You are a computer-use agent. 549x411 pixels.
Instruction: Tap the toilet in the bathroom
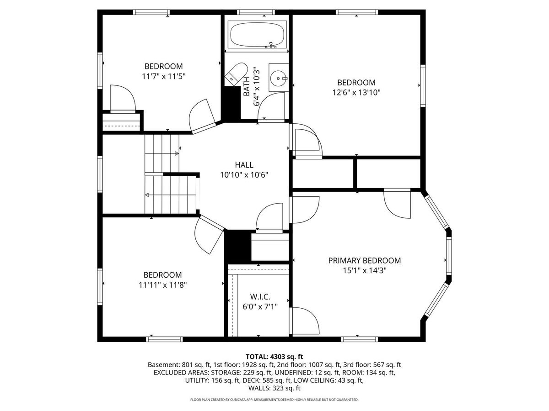point(236,74)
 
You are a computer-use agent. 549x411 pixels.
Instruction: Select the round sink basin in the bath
point(278,78)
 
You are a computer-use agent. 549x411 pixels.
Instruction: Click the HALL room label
point(244,165)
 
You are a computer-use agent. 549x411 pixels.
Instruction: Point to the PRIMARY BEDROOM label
point(365,260)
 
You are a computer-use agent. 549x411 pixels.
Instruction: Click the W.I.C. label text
point(260,297)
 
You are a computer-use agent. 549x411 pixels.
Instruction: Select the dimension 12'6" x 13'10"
point(356,93)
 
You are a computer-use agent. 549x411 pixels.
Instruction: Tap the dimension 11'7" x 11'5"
point(164,76)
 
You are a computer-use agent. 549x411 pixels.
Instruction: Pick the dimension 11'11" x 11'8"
point(163,285)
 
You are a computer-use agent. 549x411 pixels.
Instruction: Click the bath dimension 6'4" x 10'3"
point(257,86)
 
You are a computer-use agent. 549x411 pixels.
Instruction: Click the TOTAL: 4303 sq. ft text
point(274,357)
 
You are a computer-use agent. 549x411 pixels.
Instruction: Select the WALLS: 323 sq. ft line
point(274,388)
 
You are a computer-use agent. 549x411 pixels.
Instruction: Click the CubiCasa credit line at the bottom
point(274,400)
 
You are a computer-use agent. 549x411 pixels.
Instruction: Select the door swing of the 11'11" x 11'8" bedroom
point(209,235)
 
